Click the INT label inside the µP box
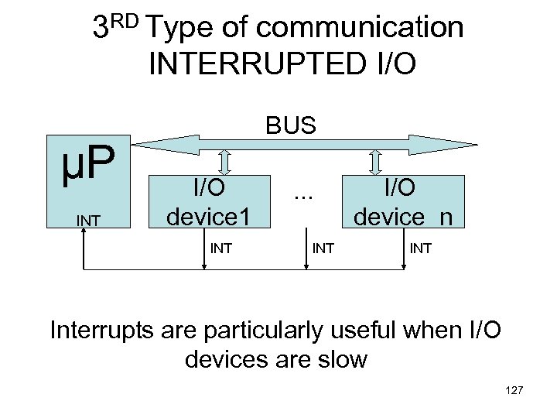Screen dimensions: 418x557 pos(87,221)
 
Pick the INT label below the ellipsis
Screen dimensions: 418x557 pos(323,248)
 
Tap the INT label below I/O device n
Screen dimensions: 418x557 pos(422,248)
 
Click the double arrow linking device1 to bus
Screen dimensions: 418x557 pos(224,162)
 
